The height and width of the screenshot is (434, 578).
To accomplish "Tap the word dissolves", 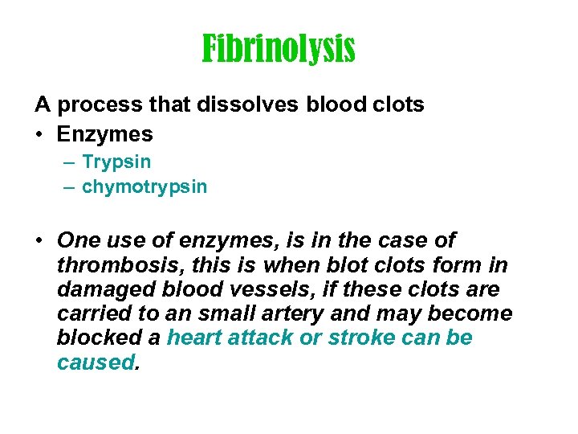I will tap(226, 104).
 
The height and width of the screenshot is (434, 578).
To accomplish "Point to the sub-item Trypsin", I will tap(116, 162).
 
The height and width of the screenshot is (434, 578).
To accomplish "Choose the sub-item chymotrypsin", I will tap(144, 187).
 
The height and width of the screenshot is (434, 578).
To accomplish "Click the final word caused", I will tap(96, 362).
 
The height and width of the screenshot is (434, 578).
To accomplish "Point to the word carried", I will tap(92, 313).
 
